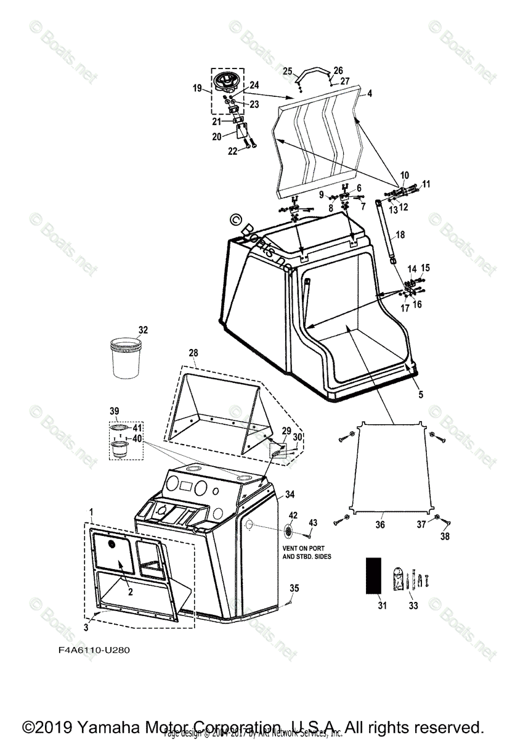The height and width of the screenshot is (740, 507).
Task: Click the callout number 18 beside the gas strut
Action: click(400, 235)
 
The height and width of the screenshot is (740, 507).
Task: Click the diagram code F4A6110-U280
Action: click(91, 650)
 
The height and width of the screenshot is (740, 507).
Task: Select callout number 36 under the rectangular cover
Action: click(380, 525)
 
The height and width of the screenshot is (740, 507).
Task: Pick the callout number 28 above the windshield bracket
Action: click(193, 352)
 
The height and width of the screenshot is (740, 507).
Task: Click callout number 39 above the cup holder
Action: click(114, 411)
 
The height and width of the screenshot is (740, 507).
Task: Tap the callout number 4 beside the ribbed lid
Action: click(369, 94)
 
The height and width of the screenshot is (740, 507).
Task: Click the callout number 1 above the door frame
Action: click(91, 512)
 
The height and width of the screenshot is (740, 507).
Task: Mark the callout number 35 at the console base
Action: click(294, 589)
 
